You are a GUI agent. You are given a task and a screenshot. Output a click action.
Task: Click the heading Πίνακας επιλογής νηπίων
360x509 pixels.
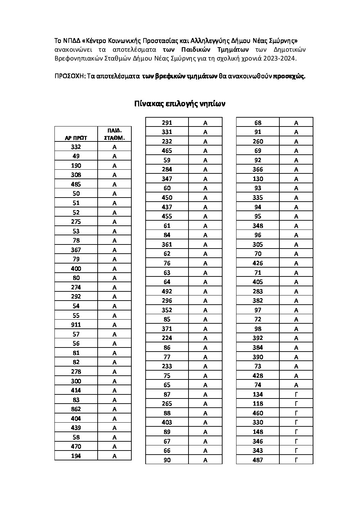(x=180, y=104)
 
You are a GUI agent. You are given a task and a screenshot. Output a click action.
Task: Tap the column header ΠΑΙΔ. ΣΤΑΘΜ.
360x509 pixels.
(x=114, y=134)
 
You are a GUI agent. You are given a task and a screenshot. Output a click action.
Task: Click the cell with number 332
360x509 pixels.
(x=76, y=147)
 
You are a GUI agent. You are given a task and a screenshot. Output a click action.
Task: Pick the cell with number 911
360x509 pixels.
(x=76, y=325)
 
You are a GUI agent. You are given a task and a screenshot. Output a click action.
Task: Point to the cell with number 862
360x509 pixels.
(x=76, y=409)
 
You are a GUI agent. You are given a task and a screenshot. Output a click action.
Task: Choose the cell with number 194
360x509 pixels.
(x=76, y=456)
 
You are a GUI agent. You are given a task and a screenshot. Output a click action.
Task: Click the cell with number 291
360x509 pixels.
(x=167, y=123)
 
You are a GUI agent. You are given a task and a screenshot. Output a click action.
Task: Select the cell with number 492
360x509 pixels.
(x=167, y=291)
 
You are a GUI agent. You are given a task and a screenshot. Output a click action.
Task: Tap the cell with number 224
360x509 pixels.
(x=167, y=338)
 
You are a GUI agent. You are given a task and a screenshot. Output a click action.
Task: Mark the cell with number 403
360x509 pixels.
(x=167, y=422)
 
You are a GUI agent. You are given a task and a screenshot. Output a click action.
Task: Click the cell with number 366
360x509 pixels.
(x=258, y=169)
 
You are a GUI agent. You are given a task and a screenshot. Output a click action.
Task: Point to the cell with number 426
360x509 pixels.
(x=258, y=263)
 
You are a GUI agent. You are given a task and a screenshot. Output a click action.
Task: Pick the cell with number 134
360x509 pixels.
(x=258, y=394)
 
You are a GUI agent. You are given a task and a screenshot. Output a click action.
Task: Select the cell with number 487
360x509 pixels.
(x=258, y=460)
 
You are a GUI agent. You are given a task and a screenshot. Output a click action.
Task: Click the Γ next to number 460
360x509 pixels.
(x=296, y=413)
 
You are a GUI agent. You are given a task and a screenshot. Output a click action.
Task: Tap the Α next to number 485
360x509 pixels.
(x=114, y=184)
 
